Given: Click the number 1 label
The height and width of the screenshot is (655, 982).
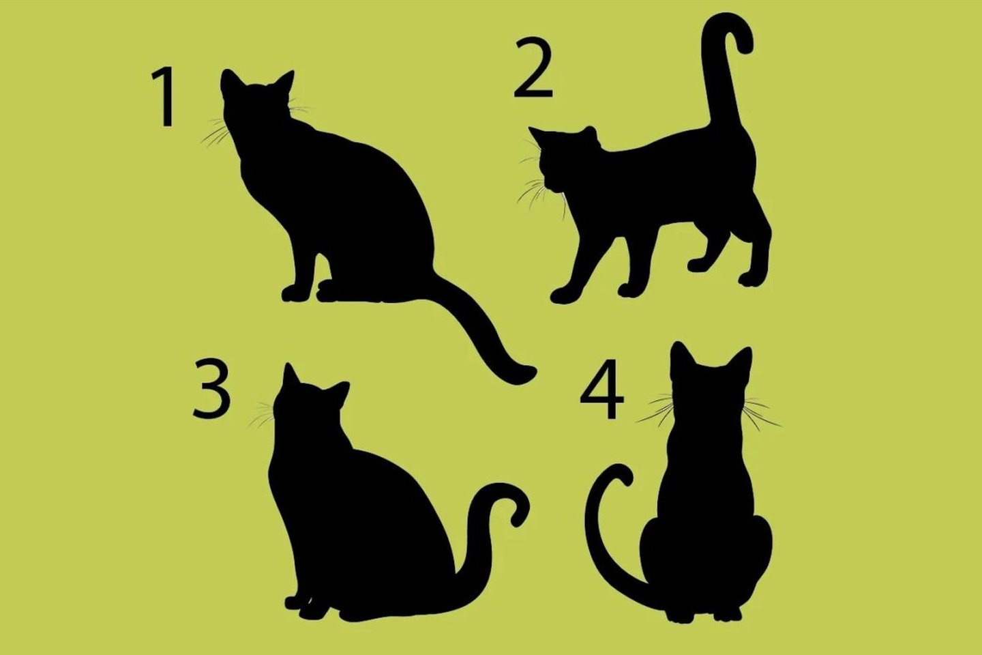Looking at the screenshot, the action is (x=164, y=97).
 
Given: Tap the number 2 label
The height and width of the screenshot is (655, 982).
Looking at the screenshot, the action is (x=533, y=68).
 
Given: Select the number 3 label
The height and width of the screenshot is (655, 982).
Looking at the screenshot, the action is (x=211, y=388).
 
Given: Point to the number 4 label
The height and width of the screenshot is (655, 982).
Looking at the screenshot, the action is (x=601, y=389).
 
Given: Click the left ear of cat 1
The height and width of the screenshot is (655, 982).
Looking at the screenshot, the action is (x=230, y=82).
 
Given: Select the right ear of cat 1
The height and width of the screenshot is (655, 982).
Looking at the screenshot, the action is (x=285, y=83).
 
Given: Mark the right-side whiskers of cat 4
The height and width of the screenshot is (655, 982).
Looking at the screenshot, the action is (x=761, y=413).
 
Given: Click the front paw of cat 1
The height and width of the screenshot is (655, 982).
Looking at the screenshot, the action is (x=295, y=293).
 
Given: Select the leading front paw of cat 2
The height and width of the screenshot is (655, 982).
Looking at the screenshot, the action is (x=564, y=294).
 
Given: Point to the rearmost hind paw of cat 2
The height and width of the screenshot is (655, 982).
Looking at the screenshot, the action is (x=752, y=279).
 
